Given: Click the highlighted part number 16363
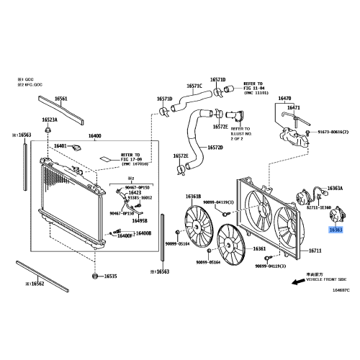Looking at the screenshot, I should (x=336, y=230).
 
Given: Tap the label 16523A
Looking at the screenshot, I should (x=49, y=120).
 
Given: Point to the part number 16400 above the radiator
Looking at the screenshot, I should (x=95, y=136).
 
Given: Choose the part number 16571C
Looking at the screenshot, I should (x=195, y=86).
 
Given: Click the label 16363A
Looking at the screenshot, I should (x=335, y=188).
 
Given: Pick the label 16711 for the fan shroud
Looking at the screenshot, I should (x=315, y=251).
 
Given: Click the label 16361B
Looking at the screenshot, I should (x=193, y=196).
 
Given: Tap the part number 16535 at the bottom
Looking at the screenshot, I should (x=109, y=276).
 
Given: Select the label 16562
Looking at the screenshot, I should (x=33, y=284).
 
